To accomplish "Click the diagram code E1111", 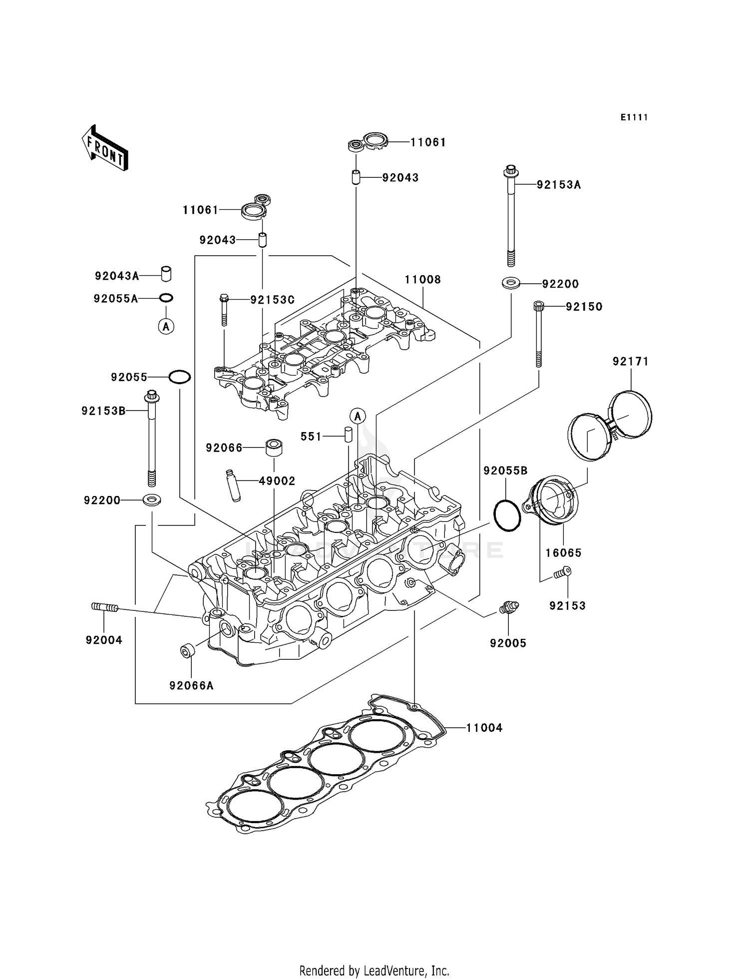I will pyautogui.click(x=634, y=117).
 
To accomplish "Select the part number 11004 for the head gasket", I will pyautogui.click(x=484, y=728).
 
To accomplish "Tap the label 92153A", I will pyautogui.click(x=559, y=185).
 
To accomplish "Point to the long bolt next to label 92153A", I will pyautogui.click(x=511, y=215).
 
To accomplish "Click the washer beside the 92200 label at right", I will pyautogui.click(x=511, y=284).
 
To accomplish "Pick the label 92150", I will pyautogui.click(x=584, y=307).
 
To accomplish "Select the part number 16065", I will pyautogui.click(x=563, y=553).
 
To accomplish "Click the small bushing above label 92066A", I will pyautogui.click(x=188, y=651).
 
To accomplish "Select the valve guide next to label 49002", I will pyautogui.click(x=233, y=485).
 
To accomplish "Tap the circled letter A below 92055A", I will pyautogui.click(x=166, y=327).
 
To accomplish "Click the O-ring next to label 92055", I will pyautogui.click(x=179, y=377).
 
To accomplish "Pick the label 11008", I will pyautogui.click(x=423, y=280).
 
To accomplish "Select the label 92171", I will pyautogui.click(x=630, y=362).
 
